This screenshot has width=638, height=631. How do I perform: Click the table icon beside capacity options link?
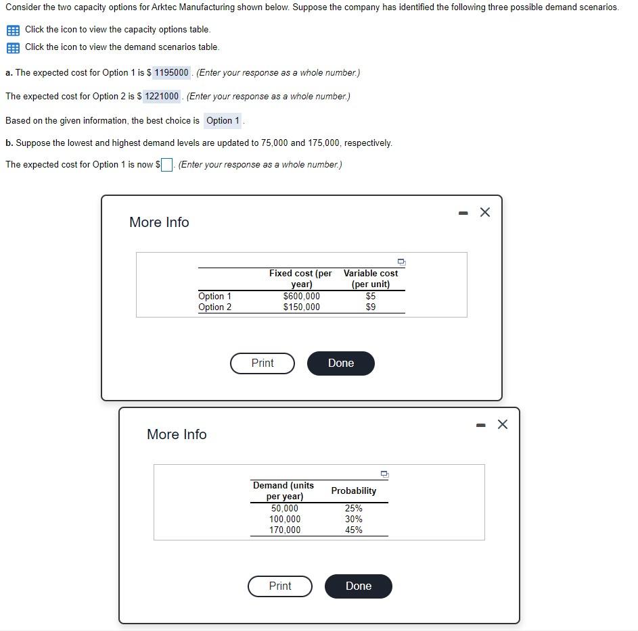pyautogui.click(x=12, y=30)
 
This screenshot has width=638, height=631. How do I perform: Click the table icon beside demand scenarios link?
pyautogui.click(x=12, y=47)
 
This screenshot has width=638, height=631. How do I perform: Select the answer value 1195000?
pyautogui.click(x=172, y=72)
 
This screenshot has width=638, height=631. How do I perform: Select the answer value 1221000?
pyautogui.click(x=162, y=96)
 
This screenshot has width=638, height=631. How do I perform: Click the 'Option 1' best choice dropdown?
pyautogui.click(x=223, y=121)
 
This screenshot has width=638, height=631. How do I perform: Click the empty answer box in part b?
pyautogui.click(x=166, y=165)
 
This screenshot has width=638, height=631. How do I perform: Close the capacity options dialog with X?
pyautogui.click(x=484, y=212)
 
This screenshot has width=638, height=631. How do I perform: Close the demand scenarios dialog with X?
pyautogui.click(x=502, y=424)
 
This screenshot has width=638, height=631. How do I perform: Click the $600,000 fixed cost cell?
pyautogui.click(x=301, y=296)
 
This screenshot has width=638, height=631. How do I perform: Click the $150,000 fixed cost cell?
pyautogui.click(x=301, y=307)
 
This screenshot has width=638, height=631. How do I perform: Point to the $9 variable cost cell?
pyautogui.click(x=370, y=307)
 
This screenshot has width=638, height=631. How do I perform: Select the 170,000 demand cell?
pyautogui.click(x=285, y=530)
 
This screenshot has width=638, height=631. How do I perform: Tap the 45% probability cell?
pyautogui.click(x=353, y=530)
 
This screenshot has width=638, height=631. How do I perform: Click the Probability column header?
pyautogui.click(x=353, y=490)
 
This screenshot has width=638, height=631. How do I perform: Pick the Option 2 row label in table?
pyautogui.click(x=214, y=307)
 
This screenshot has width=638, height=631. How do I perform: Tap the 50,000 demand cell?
pyautogui.click(x=284, y=508)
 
